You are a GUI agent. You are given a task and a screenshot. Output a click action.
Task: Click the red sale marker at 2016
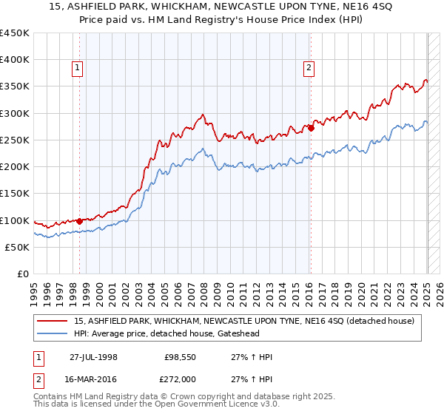[312, 128]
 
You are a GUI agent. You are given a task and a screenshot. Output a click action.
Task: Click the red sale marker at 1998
[79, 221]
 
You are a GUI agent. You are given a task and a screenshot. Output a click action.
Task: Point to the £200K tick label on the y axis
[15, 166]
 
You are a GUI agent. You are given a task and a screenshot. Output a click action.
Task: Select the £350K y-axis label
[15, 86]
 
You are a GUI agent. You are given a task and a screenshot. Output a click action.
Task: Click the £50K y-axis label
[18, 247]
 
